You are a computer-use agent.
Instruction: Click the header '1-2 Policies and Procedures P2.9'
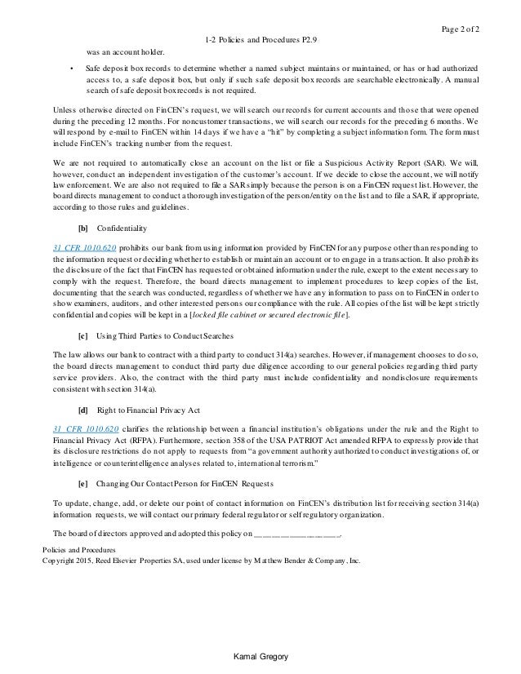(260, 39)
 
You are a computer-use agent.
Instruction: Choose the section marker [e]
(82, 484)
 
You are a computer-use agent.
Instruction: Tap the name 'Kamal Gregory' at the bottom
(260, 657)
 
